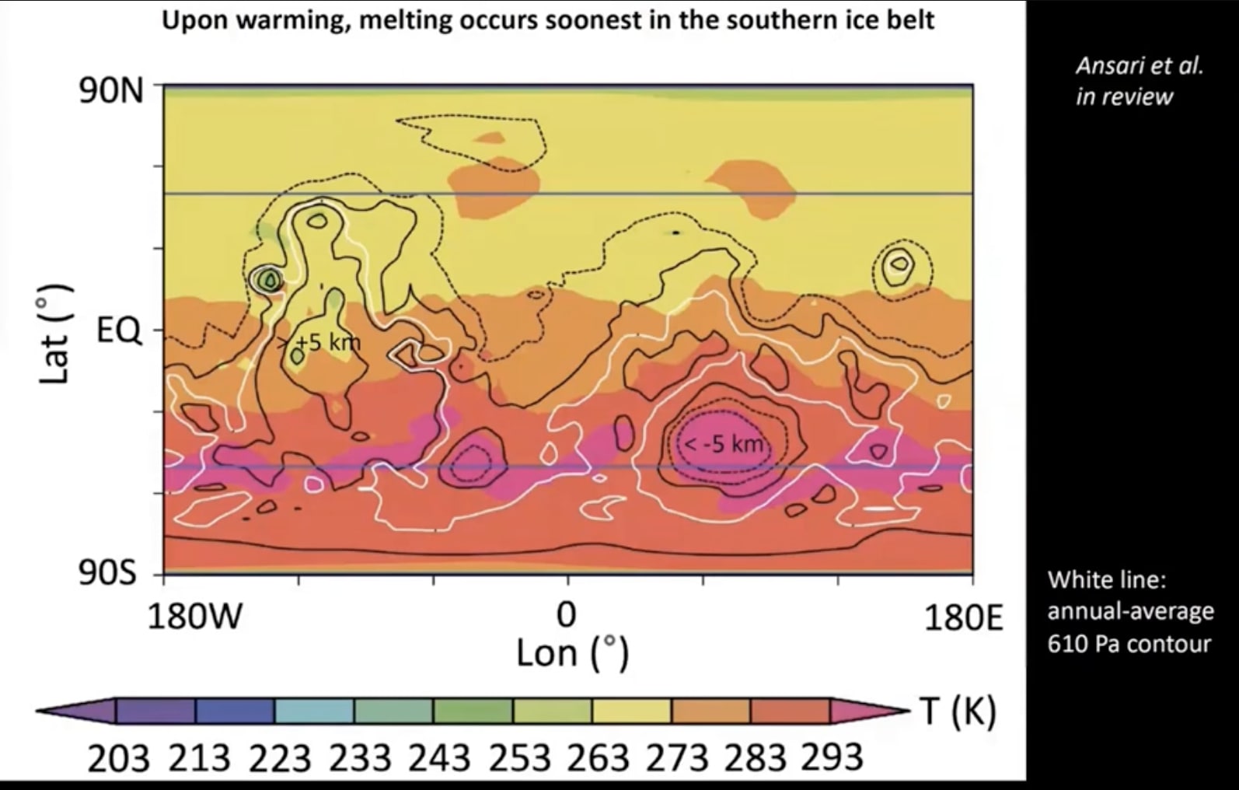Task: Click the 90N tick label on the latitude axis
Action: click(x=111, y=92)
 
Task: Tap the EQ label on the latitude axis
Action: click(x=119, y=332)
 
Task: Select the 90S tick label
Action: click(x=108, y=575)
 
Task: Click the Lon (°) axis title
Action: click(x=571, y=653)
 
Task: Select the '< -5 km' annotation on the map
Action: click(x=723, y=445)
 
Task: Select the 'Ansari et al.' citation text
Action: click(x=1139, y=65)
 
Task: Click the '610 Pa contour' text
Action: click(x=1129, y=644)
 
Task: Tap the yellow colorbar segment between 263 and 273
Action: click(x=632, y=711)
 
